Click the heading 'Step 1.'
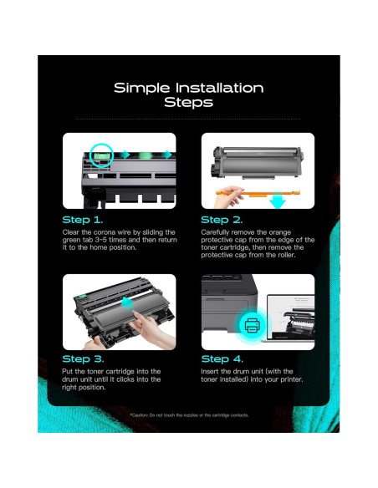[83, 220]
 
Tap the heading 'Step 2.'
[222, 220]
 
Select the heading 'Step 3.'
[83, 358]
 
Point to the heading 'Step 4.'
[222, 358]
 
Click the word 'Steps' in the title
[189, 103]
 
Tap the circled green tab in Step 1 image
[101, 155]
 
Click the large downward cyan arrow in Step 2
[277, 200]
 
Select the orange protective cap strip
[258, 193]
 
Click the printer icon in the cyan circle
[252, 326]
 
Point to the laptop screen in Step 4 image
[291, 318]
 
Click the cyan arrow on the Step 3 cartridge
[127, 302]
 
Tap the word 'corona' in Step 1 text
[105, 232]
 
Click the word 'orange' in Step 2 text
[280, 232]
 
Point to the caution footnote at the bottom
[189, 415]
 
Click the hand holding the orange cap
[228, 196]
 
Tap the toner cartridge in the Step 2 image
[258, 162]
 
